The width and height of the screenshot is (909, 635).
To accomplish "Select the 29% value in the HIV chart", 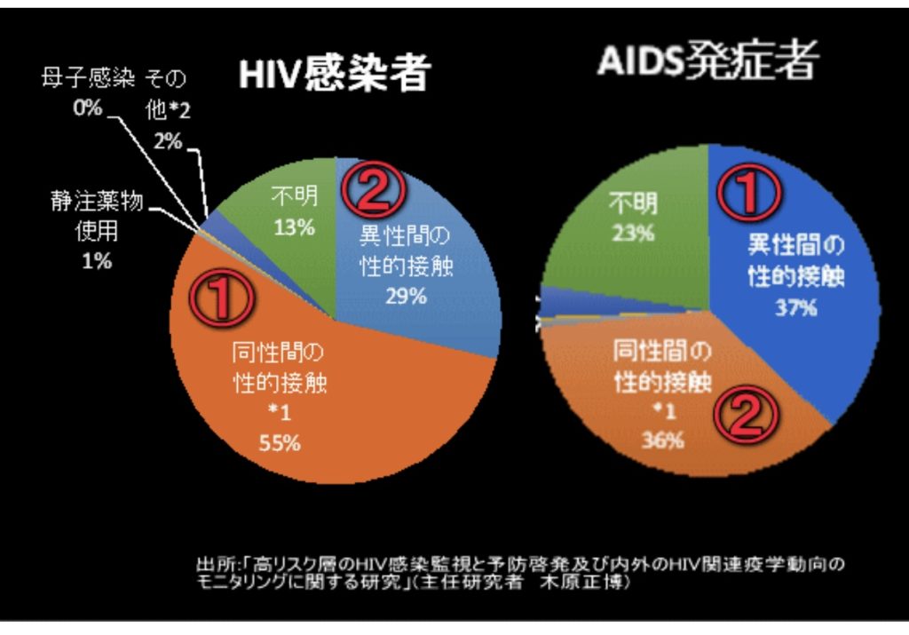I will point(405,296).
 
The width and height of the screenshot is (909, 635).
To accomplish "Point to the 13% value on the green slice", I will point(294,227).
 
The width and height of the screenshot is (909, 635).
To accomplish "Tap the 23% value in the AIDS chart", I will point(632,234).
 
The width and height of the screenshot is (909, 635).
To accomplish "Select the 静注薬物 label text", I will point(96,204).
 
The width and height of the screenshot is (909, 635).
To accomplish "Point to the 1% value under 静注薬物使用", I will point(96,261).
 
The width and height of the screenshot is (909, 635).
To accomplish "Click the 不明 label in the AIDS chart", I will point(632,205).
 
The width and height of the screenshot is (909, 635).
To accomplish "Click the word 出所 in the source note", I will point(211,563).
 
